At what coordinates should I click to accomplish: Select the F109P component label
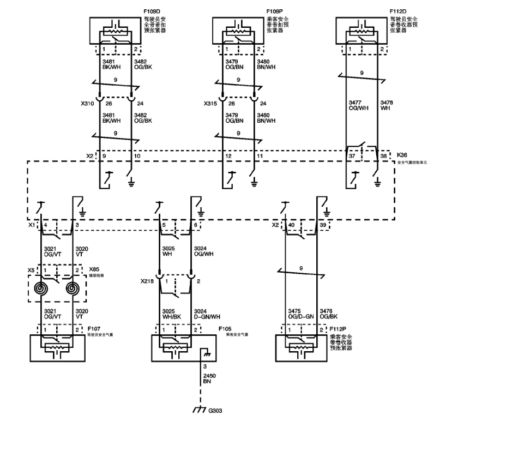(x=274, y=11)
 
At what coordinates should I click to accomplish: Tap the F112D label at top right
(x=397, y=11)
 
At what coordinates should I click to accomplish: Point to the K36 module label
(x=402, y=155)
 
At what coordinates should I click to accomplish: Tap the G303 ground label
(x=215, y=410)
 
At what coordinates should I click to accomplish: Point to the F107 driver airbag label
(x=94, y=329)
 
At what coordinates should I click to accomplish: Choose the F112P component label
(x=338, y=329)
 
